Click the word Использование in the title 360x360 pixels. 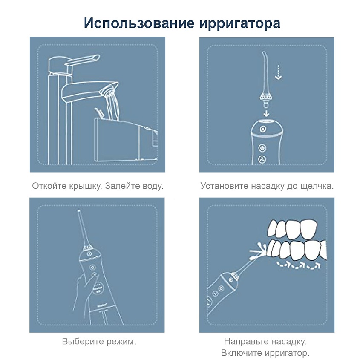pyautogui.click(x=139, y=23)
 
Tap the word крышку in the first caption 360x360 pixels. pyautogui.click(x=85, y=186)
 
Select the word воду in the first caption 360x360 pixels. pyautogui.click(x=152, y=186)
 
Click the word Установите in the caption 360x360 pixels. pyautogui.click(x=225, y=186)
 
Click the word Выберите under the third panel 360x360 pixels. pyautogui.click(x=81, y=341)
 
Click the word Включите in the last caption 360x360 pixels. pyautogui.click(x=242, y=353)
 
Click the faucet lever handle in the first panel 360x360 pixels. pyautogui.click(x=82, y=60)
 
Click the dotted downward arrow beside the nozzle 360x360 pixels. pyautogui.click(x=278, y=72)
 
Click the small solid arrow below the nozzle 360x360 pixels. pyautogui.click(x=266, y=113)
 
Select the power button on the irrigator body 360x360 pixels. pyautogui.click(x=262, y=148)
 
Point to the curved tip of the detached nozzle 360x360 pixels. pyautogui.click(x=265, y=55)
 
